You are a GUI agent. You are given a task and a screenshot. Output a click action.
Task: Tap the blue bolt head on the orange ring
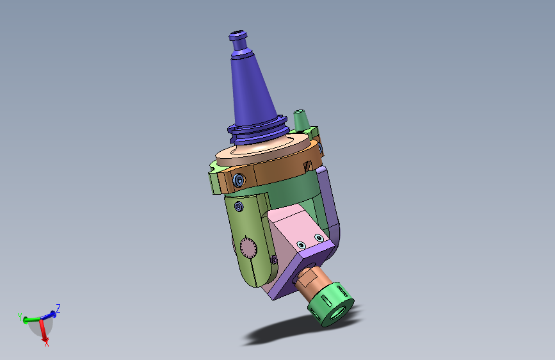pos(239,180)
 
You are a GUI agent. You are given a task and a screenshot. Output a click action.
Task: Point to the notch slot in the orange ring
pos(307,166)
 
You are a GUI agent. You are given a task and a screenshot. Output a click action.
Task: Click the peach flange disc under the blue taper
pos(264,151)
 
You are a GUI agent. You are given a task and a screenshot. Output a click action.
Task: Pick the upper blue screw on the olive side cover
pos(239,206)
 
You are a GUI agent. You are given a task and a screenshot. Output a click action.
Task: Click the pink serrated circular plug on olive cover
pos(248,247)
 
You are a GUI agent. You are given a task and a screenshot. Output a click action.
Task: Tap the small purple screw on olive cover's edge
pos(274,259)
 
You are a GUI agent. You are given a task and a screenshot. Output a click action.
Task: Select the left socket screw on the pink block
pos(302,245)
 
